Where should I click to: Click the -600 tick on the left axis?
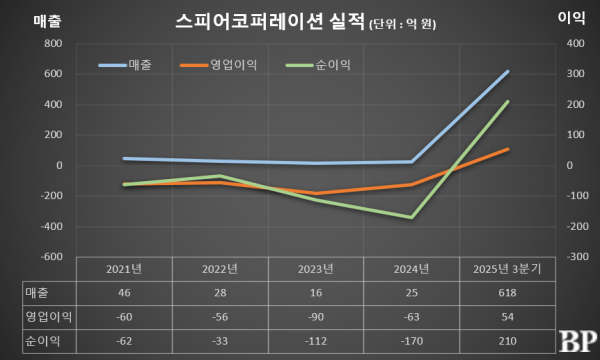[51, 257]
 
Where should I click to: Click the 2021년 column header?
[124, 269]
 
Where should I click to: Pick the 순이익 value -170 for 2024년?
[412, 339]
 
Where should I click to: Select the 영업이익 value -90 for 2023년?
[317, 316]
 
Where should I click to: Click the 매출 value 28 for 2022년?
[221, 292]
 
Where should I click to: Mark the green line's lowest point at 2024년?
[412, 217]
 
